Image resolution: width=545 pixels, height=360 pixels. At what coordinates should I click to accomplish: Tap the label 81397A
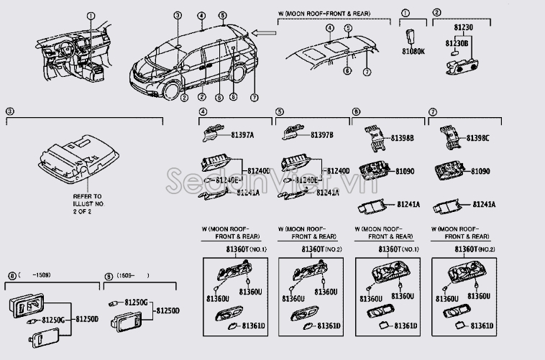pos(242,134)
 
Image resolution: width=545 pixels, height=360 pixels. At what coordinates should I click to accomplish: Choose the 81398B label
pos(403,138)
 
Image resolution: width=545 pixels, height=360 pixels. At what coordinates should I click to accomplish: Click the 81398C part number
pos(478,138)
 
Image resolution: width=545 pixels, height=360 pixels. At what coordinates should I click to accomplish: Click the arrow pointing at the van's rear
pos(264,32)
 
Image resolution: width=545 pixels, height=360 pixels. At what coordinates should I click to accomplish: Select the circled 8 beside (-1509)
pos(11,275)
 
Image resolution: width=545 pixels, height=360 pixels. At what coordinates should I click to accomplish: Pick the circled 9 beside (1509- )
pos(109,275)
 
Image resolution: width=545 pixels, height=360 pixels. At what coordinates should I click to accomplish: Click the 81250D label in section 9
pos(168,310)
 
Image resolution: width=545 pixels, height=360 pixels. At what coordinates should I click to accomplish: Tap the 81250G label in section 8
pos(54,320)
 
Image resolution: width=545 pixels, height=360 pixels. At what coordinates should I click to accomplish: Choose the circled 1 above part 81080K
pos(405,13)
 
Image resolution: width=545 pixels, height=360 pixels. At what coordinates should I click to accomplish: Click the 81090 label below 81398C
pos(481,172)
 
